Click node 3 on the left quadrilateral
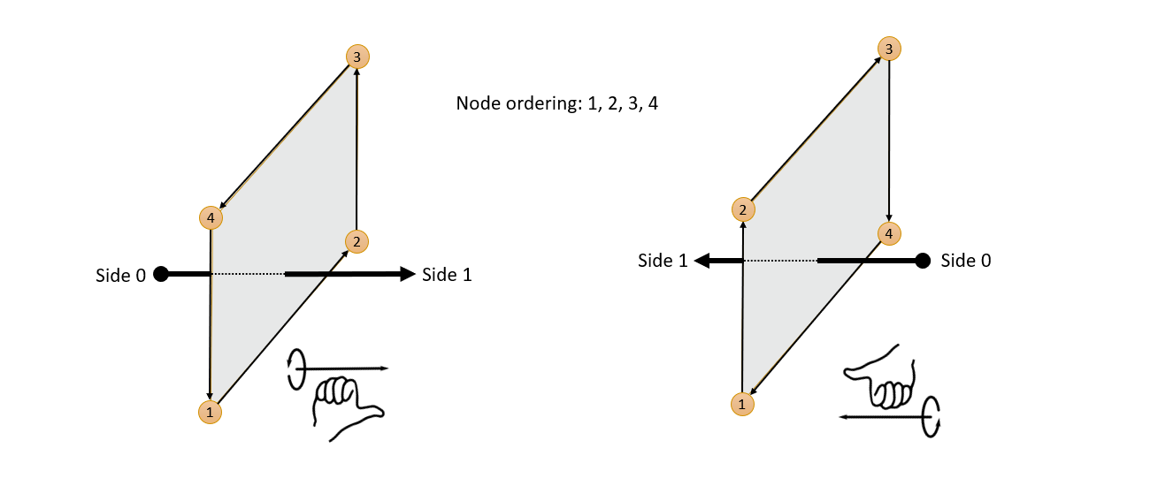coord(356,57)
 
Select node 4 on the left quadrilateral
coord(210,216)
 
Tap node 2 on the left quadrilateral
coord(356,241)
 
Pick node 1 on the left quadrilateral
coord(210,411)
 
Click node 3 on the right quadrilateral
coord(889,49)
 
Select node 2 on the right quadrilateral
coord(743,209)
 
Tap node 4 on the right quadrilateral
coord(889,233)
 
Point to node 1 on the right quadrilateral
coord(742,403)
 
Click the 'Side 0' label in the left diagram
coord(120,275)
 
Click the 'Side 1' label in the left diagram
coord(447,275)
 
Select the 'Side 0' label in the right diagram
coord(966,261)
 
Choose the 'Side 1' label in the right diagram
coord(663,261)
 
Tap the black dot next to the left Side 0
coord(160,274)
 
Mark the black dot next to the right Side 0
coord(922,261)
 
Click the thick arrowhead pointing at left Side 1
coord(407,274)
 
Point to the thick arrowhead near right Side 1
coord(703,261)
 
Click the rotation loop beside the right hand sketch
coord(931,415)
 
